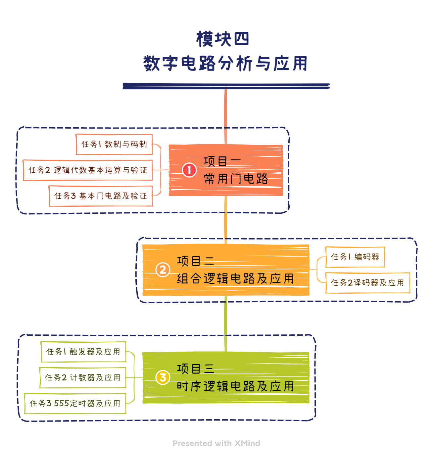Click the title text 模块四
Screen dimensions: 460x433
(222, 39)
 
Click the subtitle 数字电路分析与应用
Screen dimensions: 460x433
(225, 63)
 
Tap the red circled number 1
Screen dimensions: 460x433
(189, 170)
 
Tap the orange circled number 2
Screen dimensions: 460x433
(163, 270)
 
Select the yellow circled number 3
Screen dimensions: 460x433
(163, 377)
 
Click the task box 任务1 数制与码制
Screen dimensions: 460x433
(114, 144)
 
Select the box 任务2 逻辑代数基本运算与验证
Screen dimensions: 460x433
(88, 170)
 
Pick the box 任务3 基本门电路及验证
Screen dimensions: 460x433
(101, 196)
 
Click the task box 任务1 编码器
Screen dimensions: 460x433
(355, 257)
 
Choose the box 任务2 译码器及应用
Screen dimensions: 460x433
(367, 283)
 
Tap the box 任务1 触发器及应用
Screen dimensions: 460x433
(83, 352)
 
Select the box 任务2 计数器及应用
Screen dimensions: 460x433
(83, 377)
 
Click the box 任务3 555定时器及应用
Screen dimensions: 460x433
(75, 403)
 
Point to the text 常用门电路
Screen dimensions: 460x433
(236, 179)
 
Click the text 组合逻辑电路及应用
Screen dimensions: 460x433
(235, 278)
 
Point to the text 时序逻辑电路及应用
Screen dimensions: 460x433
(235, 386)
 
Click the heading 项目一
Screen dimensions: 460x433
(222, 161)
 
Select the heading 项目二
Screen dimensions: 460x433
(196, 261)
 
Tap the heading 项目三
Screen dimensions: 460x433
(196, 369)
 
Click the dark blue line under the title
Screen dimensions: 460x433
(226, 86)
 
